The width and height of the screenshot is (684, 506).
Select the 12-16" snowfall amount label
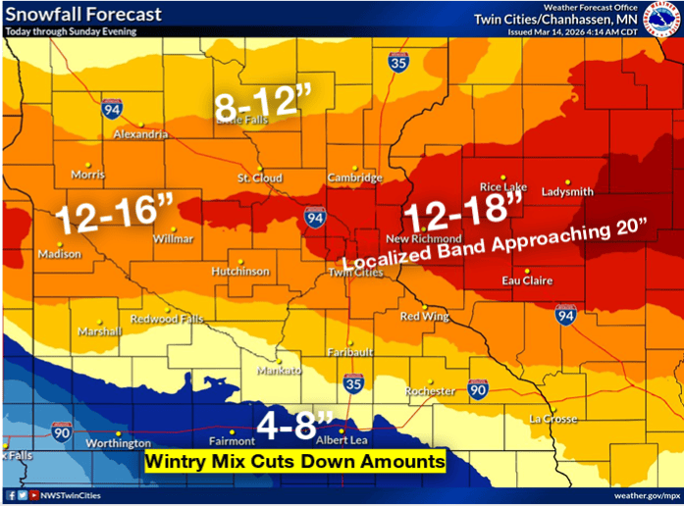tap(114, 216)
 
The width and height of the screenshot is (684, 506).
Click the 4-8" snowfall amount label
tap(295, 425)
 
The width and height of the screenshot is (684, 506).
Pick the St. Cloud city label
tap(260, 178)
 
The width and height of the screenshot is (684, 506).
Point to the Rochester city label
tap(431, 391)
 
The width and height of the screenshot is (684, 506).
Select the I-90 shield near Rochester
tap(477, 390)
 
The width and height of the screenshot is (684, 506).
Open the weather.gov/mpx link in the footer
tap(644, 496)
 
